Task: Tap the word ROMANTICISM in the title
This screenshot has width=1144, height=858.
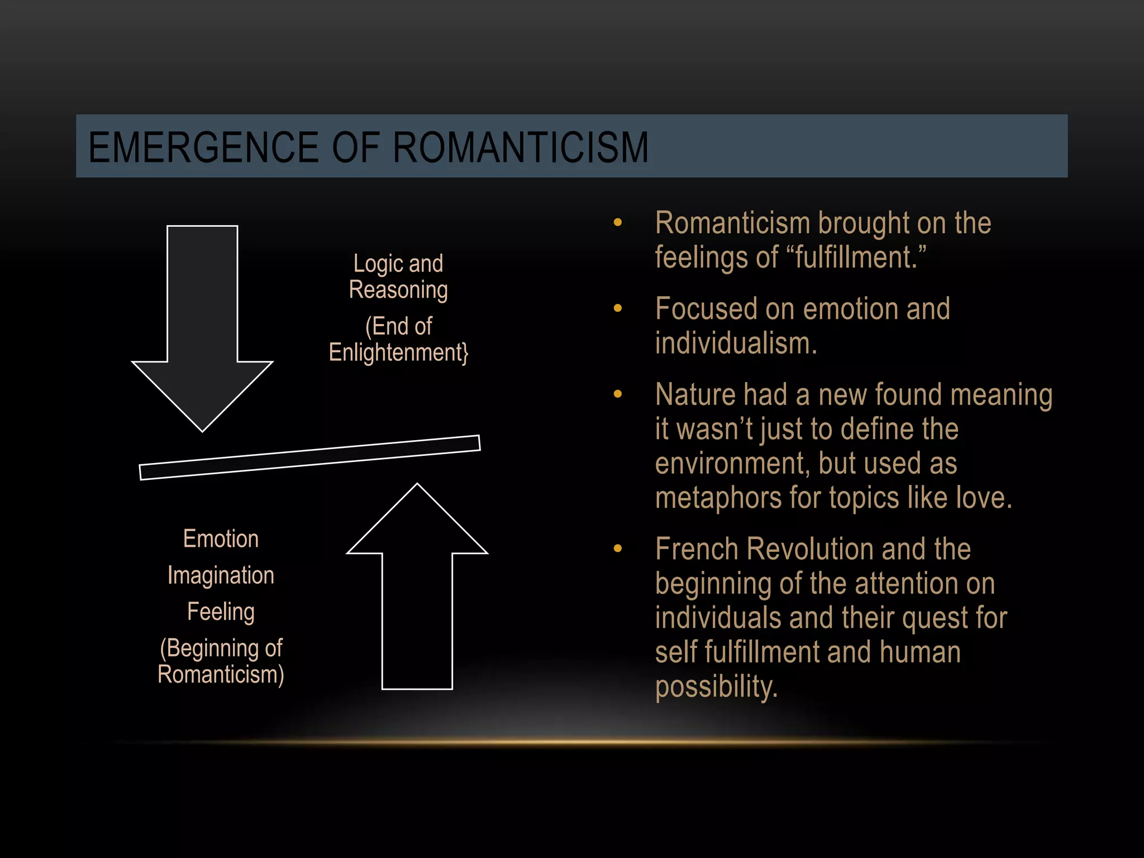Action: click(x=521, y=147)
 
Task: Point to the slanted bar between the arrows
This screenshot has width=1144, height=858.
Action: click(x=309, y=457)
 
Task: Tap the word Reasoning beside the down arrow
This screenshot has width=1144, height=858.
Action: click(x=398, y=290)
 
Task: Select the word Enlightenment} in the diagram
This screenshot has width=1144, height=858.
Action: click(x=398, y=353)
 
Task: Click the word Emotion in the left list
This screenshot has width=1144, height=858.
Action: click(x=221, y=539)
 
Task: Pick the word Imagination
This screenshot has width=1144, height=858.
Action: click(x=221, y=575)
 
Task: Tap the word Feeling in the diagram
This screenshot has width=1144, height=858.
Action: click(x=221, y=612)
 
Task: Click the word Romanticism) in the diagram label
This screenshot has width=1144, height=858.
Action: click(x=221, y=675)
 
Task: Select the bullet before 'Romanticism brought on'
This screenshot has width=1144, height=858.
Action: click(x=617, y=223)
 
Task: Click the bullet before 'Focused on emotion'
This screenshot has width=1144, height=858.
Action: click(x=617, y=308)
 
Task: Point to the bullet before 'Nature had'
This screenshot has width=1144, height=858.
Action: click(x=617, y=394)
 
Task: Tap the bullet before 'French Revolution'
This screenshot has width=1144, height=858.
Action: click(x=617, y=549)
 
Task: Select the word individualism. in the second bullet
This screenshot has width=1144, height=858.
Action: click(x=736, y=343)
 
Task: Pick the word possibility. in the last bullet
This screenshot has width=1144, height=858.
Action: click(x=716, y=687)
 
